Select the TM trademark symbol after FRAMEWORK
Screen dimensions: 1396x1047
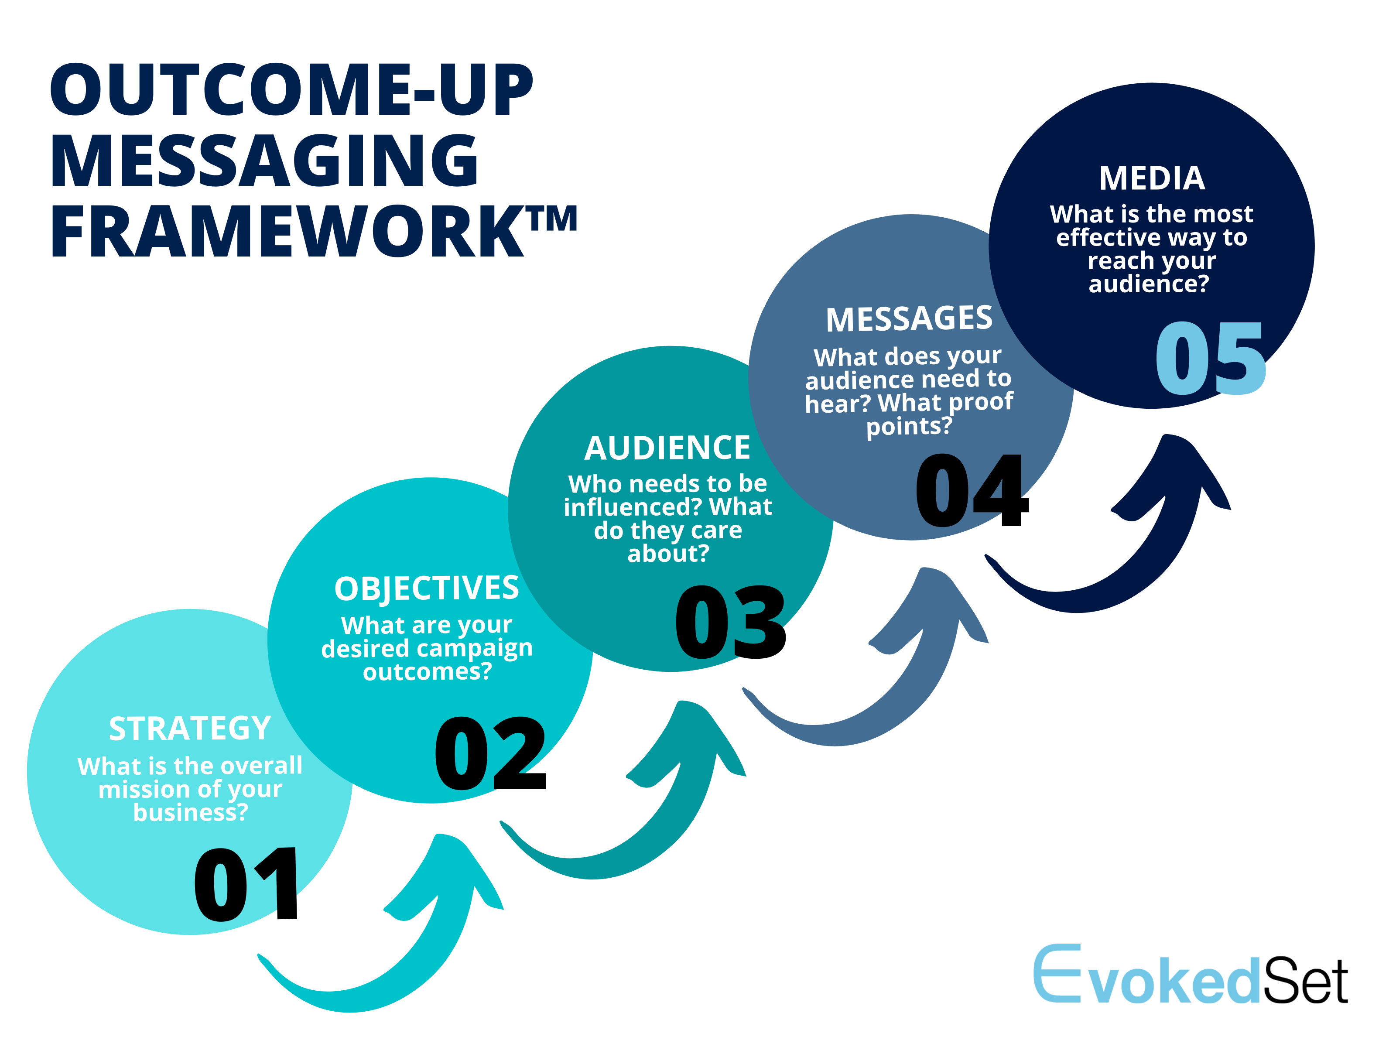(553, 219)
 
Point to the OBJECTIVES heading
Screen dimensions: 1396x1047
(427, 589)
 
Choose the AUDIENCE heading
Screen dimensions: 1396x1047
(668, 448)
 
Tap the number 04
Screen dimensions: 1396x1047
(972, 490)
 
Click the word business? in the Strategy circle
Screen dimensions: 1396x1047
(191, 813)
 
